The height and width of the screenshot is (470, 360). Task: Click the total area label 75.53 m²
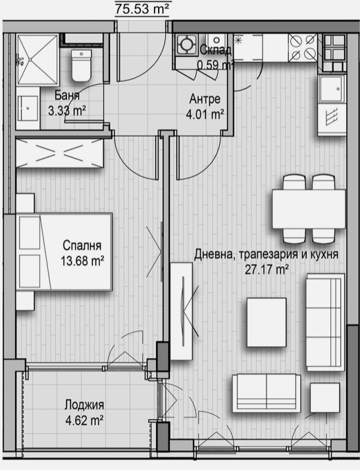coord(141,9)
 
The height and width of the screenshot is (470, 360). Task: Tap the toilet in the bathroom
coord(81,66)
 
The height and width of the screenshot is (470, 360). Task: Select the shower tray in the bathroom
coord(37,60)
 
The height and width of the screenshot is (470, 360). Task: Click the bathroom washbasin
coord(28,108)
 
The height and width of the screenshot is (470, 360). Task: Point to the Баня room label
coord(67,96)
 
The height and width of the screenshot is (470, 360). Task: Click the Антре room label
coord(205,99)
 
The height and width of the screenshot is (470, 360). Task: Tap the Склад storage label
coord(215,50)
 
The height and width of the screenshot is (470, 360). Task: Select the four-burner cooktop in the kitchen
coord(303,47)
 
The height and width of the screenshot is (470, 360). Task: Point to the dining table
coord(309,209)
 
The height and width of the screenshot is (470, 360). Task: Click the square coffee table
coord(266,322)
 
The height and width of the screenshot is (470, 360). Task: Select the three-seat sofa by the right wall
coord(325,322)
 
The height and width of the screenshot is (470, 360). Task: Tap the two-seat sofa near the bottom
coord(267,393)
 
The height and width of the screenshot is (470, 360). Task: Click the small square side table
coord(324,398)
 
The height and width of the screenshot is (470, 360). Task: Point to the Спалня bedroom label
coord(82,246)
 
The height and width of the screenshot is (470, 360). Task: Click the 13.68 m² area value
coord(82,261)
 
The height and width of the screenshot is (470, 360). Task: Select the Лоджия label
coord(84,405)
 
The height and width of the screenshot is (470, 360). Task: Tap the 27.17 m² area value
coord(267,270)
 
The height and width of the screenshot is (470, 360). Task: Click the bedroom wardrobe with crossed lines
coord(60,153)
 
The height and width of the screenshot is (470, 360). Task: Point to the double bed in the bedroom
coord(64,251)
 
